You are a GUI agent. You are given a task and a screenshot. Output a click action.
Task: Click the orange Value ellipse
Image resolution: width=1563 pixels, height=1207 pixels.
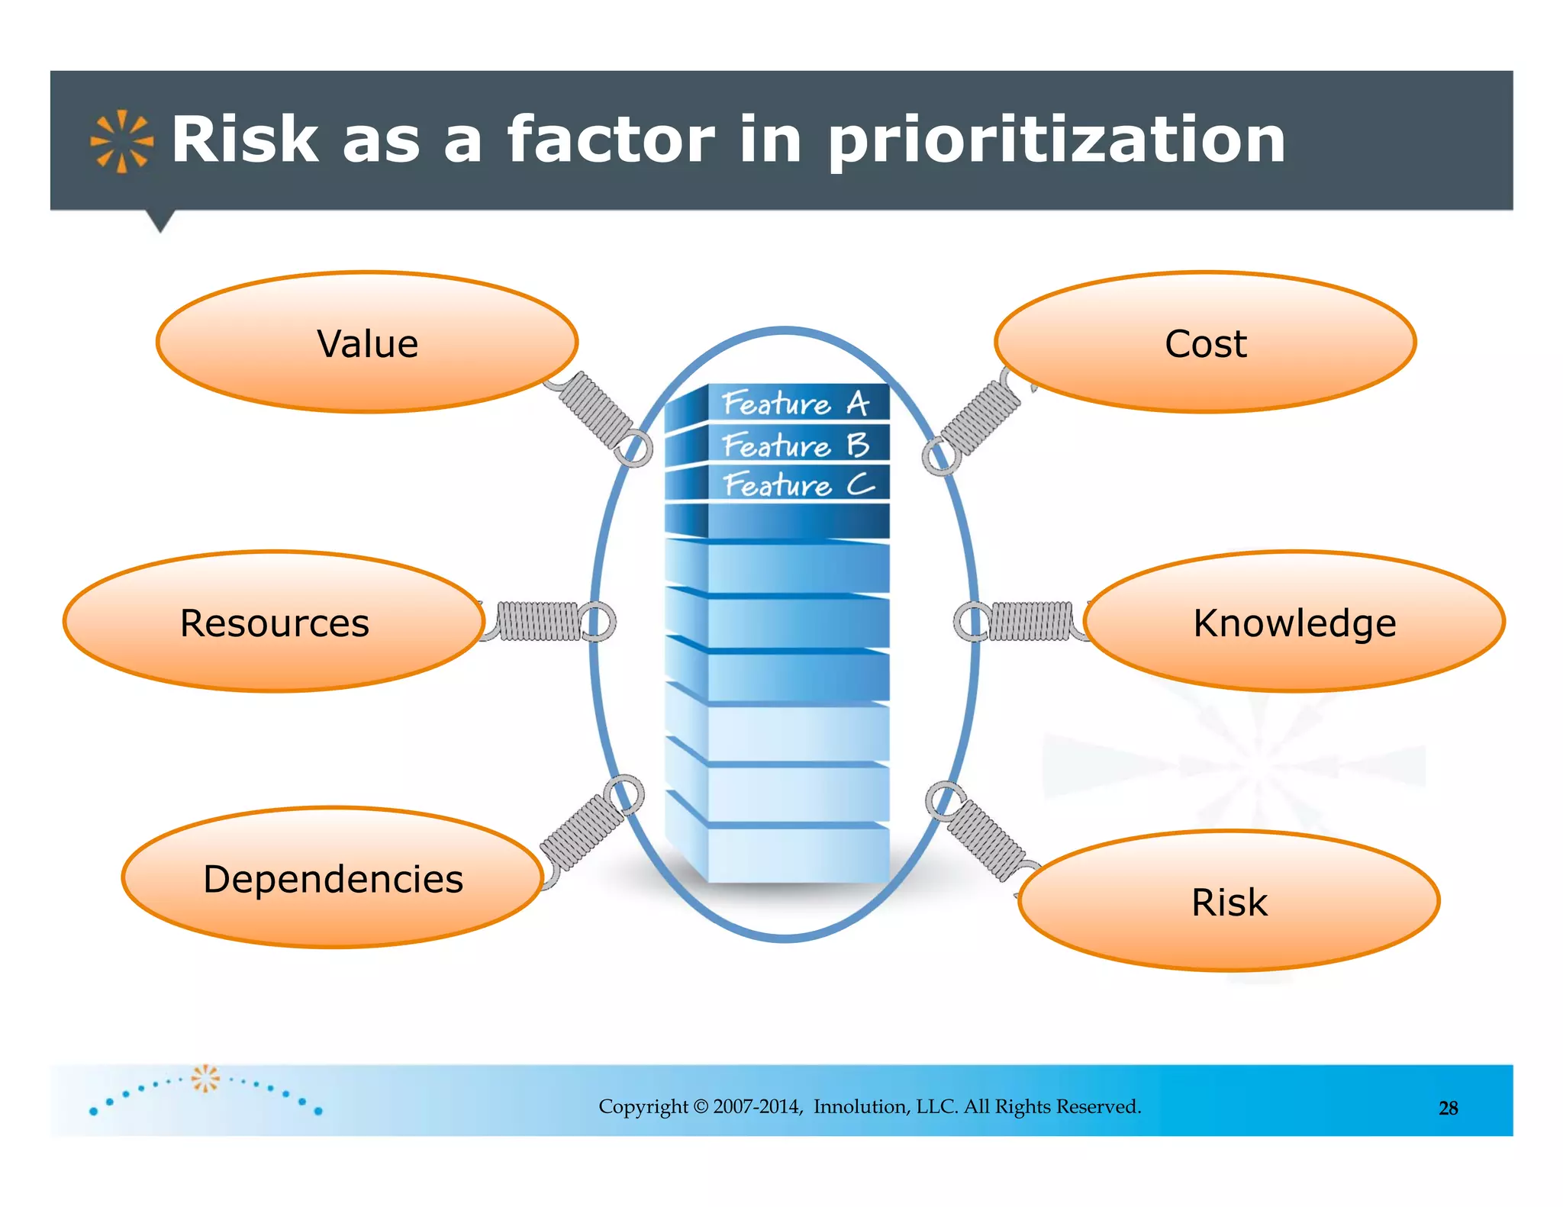[x=367, y=343]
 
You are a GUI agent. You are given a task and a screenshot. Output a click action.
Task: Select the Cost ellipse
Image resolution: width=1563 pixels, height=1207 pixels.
[x=1205, y=343]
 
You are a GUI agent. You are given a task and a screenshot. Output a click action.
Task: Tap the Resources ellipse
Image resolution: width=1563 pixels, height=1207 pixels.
[x=274, y=622]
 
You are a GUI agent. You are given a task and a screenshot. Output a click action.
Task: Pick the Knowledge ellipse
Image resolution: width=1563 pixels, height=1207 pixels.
[x=1294, y=622]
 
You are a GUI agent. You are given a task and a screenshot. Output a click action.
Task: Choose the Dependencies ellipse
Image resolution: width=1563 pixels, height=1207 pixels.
[x=333, y=878]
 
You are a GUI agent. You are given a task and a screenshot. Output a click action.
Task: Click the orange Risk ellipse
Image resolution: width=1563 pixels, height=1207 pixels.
[x=1229, y=902]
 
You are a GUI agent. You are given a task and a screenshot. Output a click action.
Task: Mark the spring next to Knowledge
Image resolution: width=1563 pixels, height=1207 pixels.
[x=1030, y=621]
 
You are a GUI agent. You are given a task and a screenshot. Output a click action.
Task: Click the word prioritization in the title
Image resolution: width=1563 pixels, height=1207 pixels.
[x=1056, y=140]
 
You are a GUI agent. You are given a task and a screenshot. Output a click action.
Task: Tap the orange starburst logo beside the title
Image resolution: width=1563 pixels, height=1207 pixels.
[x=121, y=141]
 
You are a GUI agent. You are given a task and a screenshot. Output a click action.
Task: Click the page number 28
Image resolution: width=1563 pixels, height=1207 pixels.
[x=1448, y=1108]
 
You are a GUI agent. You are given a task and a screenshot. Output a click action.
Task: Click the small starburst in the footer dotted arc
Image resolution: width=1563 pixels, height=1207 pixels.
[x=205, y=1078]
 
